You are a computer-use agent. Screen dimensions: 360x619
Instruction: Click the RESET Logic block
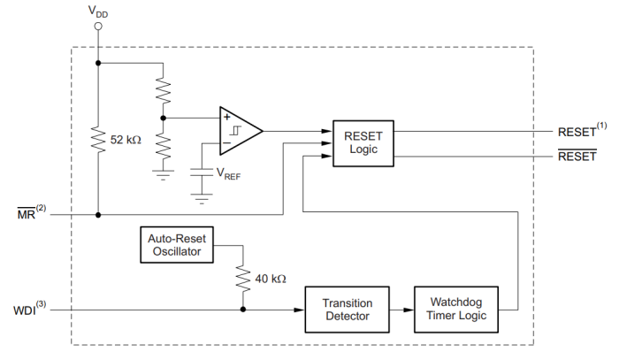click(x=363, y=143)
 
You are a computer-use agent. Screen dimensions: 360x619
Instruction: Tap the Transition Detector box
click(x=348, y=309)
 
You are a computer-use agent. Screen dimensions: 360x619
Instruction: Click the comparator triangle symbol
click(x=240, y=130)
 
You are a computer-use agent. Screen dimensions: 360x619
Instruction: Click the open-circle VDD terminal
click(x=98, y=27)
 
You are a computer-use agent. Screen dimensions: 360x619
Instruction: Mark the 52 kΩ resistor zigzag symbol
click(x=98, y=140)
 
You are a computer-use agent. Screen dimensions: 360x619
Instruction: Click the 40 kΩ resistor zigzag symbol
click(x=241, y=277)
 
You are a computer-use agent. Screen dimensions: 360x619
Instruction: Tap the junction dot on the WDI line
click(x=241, y=310)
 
